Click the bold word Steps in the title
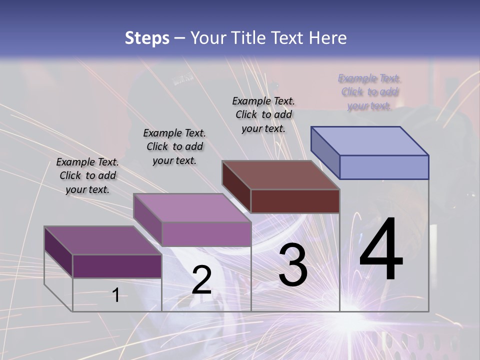point(147,38)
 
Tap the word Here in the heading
point(328,38)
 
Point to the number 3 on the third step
point(293,265)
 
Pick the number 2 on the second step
point(201,280)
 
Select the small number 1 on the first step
point(116,295)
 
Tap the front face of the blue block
point(384,167)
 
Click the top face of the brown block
point(280,175)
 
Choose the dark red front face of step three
point(295,201)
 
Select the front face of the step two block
point(206,234)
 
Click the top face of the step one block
point(102,240)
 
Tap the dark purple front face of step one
point(117,266)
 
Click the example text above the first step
point(87,175)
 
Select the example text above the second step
point(174,146)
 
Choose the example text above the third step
point(263,114)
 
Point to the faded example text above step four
point(369,91)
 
